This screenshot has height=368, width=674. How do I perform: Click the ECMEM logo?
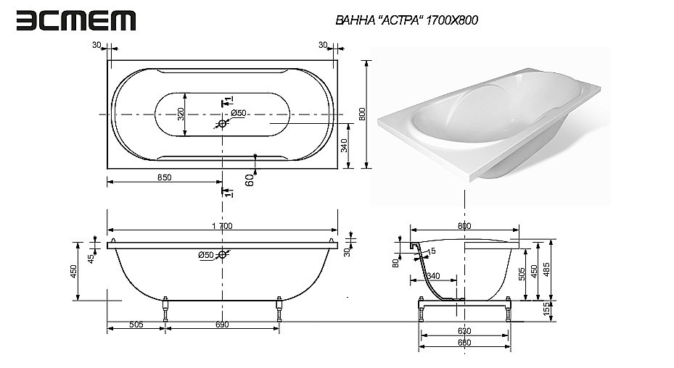[x=76, y=20]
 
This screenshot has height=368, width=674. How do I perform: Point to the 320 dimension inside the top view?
[x=181, y=114]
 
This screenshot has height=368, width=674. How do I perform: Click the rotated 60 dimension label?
[x=249, y=180]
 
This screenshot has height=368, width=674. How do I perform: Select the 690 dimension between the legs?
[x=221, y=325]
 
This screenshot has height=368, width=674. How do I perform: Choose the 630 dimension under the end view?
[x=464, y=332]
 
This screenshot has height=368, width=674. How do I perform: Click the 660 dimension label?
[x=464, y=343]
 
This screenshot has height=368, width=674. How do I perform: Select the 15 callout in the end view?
[x=432, y=251]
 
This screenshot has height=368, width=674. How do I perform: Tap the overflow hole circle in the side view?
[x=223, y=255]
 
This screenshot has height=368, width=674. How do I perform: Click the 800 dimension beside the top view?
[x=372, y=114]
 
